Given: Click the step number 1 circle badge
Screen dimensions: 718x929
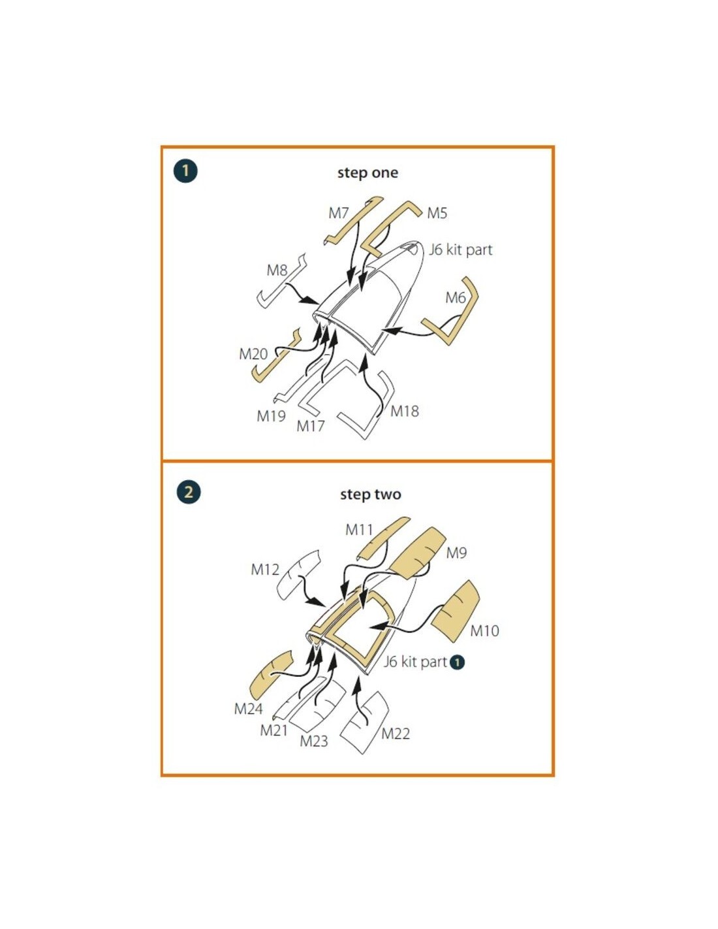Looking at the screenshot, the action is pyautogui.click(x=185, y=171).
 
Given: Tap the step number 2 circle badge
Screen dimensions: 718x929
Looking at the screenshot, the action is pyautogui.click(x=189, y=492).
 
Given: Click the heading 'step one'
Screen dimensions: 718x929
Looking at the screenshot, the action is pyautogui.click(x=367, y=172).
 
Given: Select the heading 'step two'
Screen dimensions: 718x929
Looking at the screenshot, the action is pyautogui.click(x=371, y=494).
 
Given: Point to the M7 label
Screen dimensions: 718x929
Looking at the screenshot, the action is pyautogui.click(x=339, y=213).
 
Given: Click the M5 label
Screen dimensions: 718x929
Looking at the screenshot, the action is pyautogui.click(x=437, y=213).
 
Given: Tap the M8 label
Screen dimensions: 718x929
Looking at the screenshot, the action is pyautogui.click(x=277, y=270).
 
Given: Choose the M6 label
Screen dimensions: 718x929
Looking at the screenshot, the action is pyautogui.click(x=456, y=297).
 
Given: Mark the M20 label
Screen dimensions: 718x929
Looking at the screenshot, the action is pyautogui.click(x=253, y=354).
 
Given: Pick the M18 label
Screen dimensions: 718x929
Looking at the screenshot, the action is pyautogui.click(x=405, y=412).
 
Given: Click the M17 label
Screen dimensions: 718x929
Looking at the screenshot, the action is pyautogui.click(x=311, y=426).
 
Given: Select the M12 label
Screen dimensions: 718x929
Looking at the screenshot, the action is pyautogui.click(x=265, y=570).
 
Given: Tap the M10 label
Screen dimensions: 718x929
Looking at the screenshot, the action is pyautogui.click(x=484, y=630).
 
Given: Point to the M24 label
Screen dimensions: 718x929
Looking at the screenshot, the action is pyautogui.click(x=248, y=709).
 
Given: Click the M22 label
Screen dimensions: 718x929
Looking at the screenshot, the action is pyautogui.click(x=396, y=734).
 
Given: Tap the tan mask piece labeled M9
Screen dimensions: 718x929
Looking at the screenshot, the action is pyautogui.click(x=418, y=553).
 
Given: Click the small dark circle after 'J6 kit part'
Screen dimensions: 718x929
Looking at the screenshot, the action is pyautogui.click(x=457, y=662).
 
